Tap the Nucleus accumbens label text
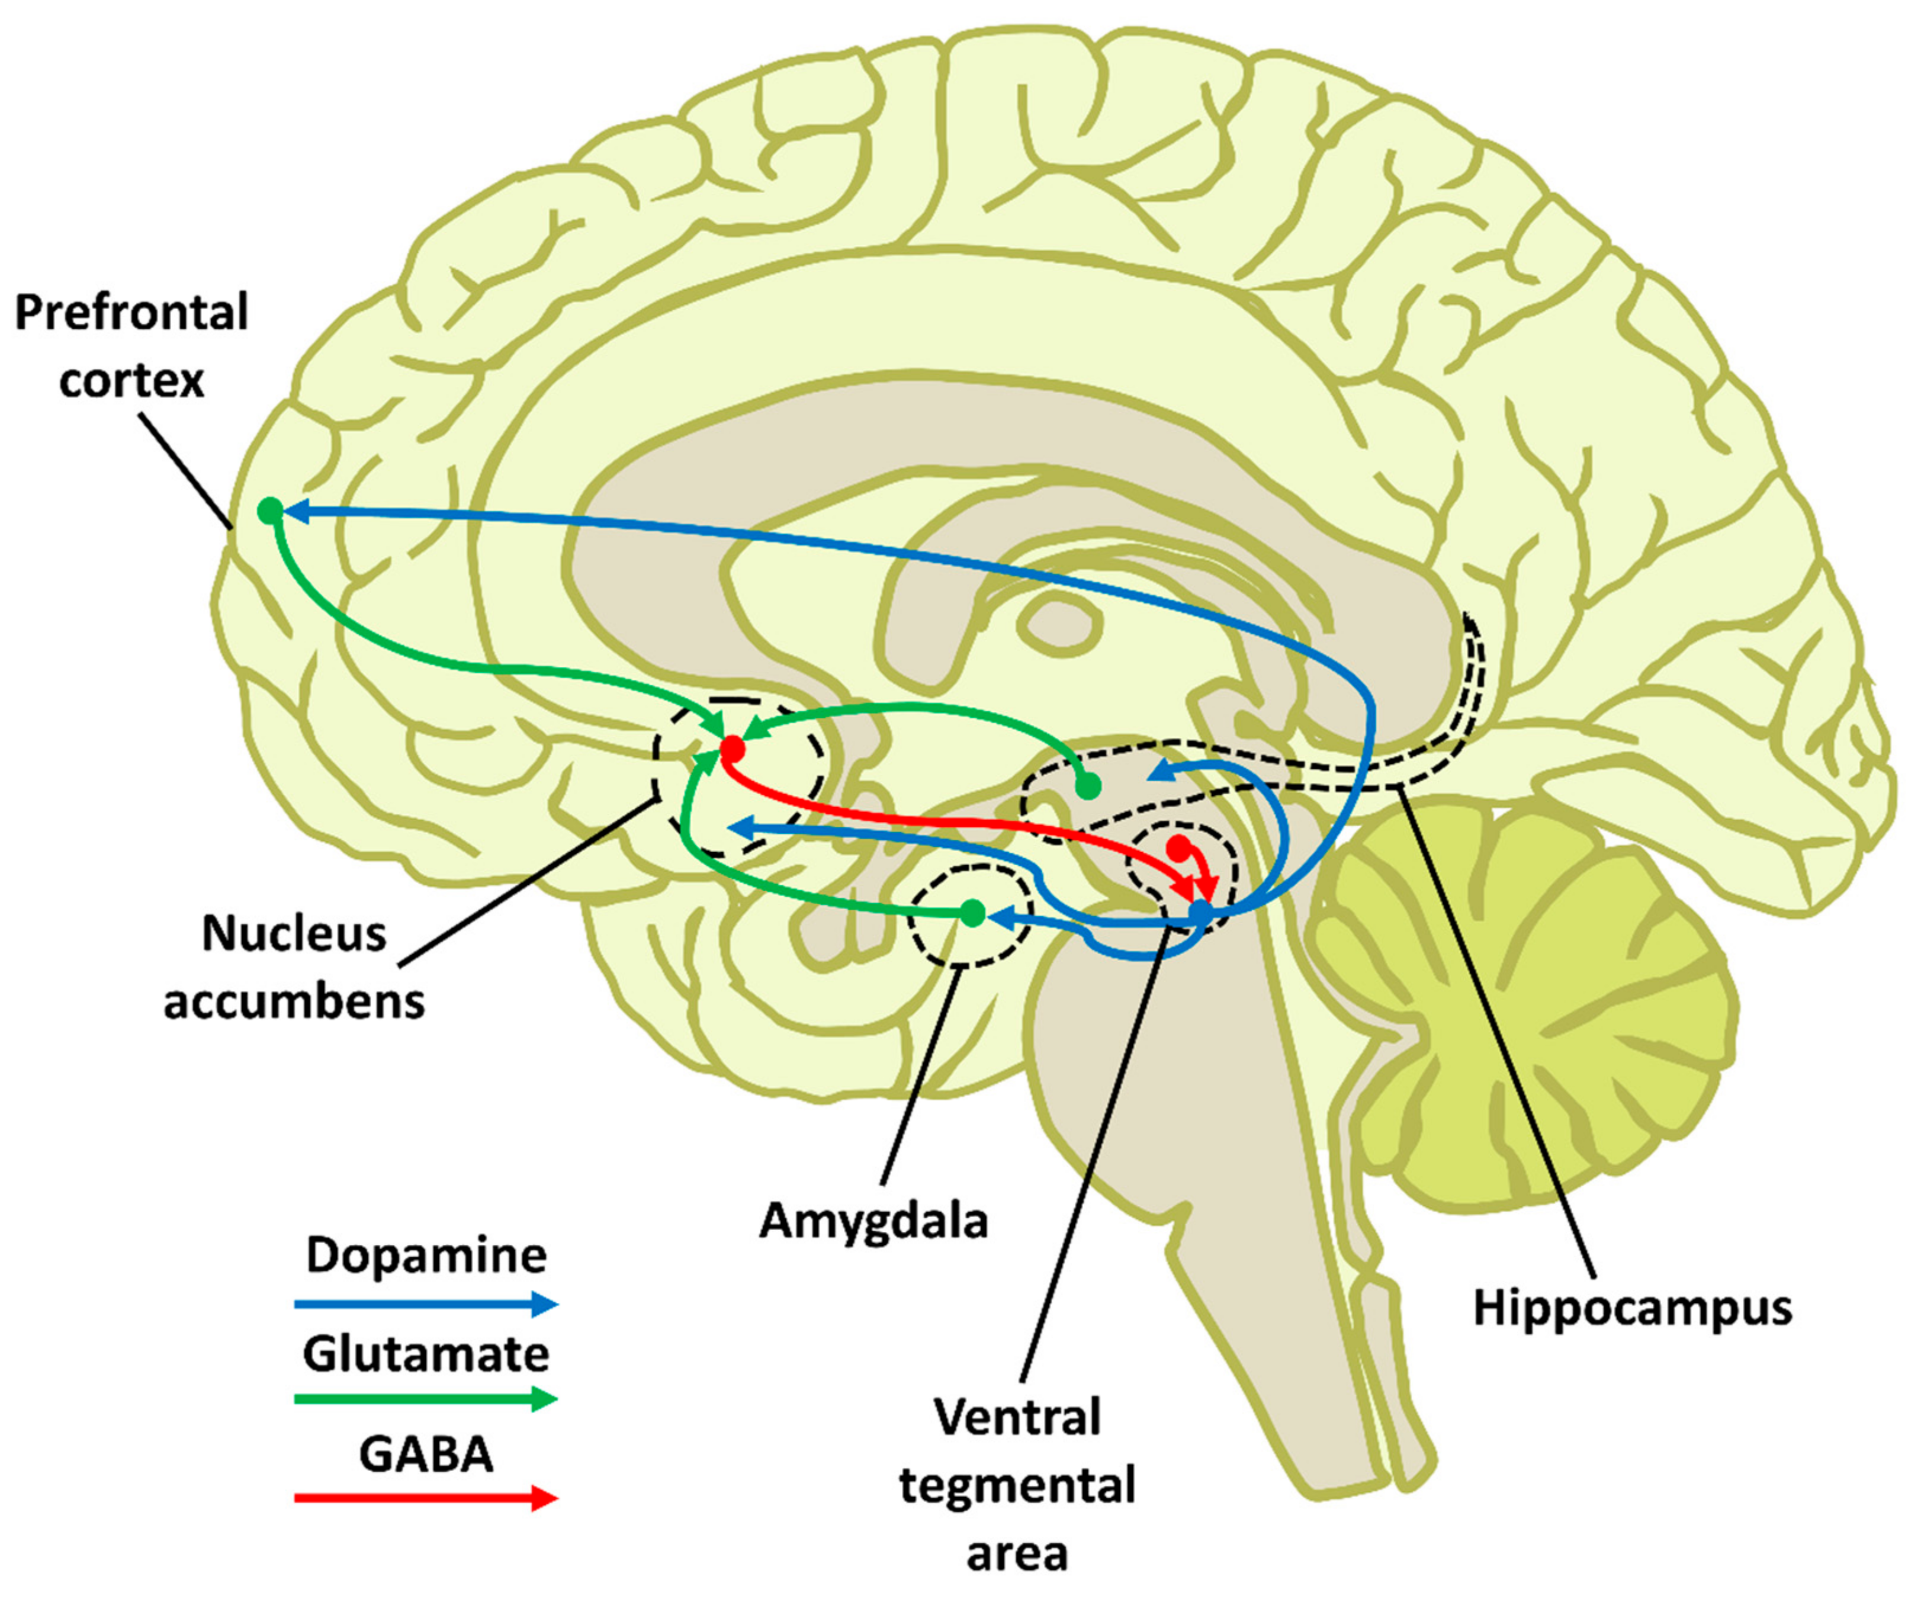pyautogui.click(x=294, y=968)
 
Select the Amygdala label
pyautogui.click(x=873, y=1221)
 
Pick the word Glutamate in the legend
pyautogui.click(x=426, y=1354)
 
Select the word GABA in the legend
pyautogui.click(x=426, y=1454)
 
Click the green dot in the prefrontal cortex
pyautogui.click(x=270, y=510)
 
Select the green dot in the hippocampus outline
pyautogui.click(x=1088, y=785)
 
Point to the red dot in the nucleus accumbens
pyautogui.click(x=733, y=749)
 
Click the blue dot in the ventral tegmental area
pyautogui.click(x=1199, y=911)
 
